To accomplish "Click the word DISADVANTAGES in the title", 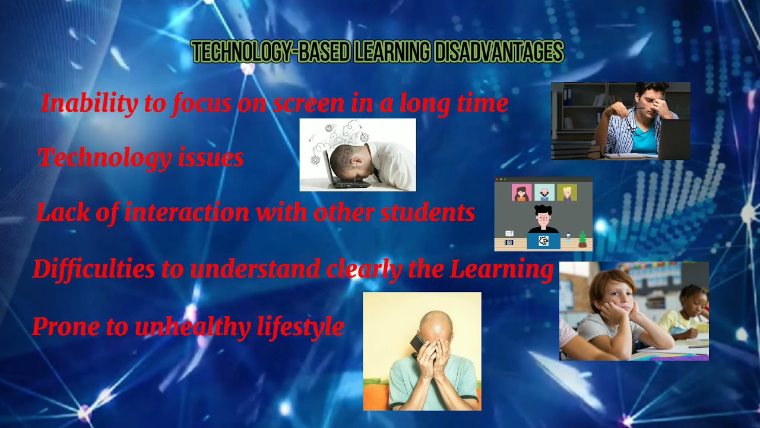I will point(499,53).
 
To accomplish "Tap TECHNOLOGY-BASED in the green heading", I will point(271,53).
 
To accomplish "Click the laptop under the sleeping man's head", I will point(341,178).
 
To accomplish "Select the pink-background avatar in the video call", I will point(521,193).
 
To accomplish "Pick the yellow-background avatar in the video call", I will point(567,193).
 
